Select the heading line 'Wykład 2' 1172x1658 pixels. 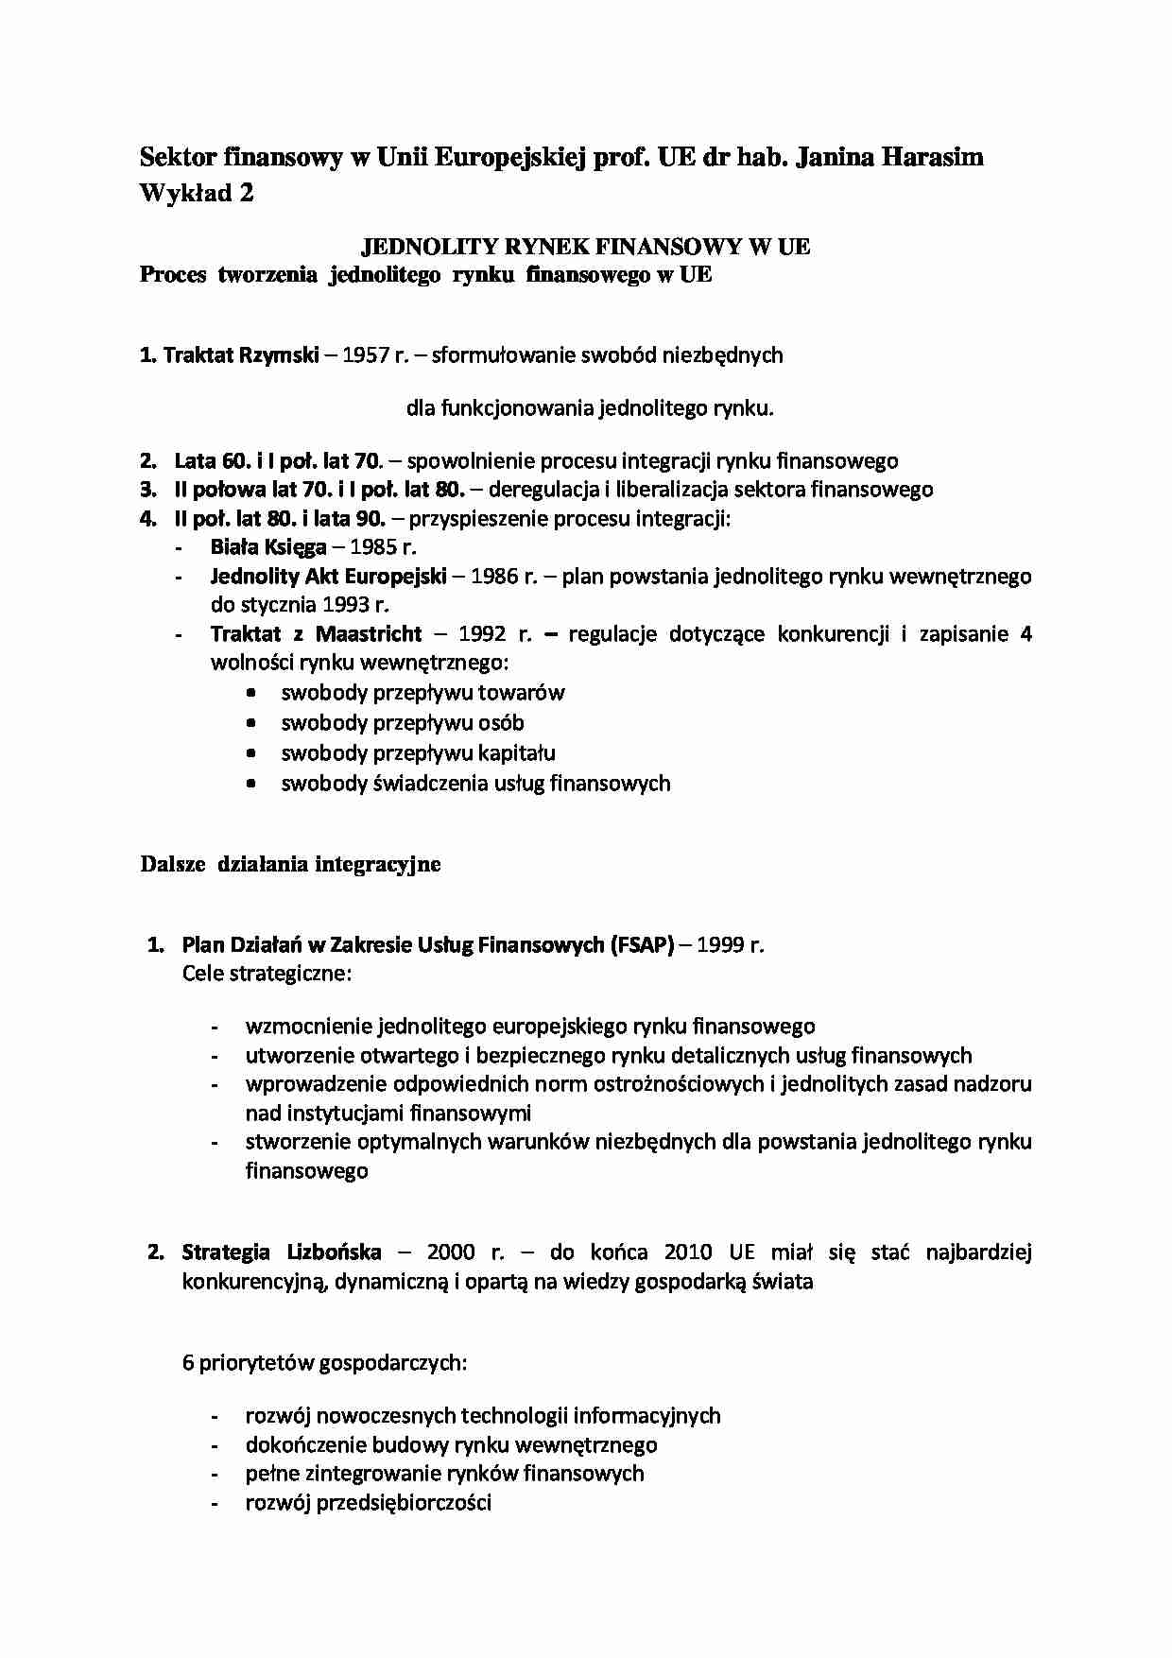pos(197,193)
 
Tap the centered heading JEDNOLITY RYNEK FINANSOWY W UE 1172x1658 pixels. pos(586,247)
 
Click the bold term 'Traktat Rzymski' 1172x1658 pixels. pos(241,355)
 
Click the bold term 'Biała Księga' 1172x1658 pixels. pos(268,546)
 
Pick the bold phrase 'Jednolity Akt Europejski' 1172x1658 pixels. pos(328,576)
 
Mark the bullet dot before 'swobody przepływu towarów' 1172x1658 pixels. pos(250,693)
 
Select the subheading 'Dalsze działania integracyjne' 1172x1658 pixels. pos(290,864)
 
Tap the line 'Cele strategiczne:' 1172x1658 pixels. pos(267,974)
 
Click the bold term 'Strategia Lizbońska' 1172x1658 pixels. pos(282,1252)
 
